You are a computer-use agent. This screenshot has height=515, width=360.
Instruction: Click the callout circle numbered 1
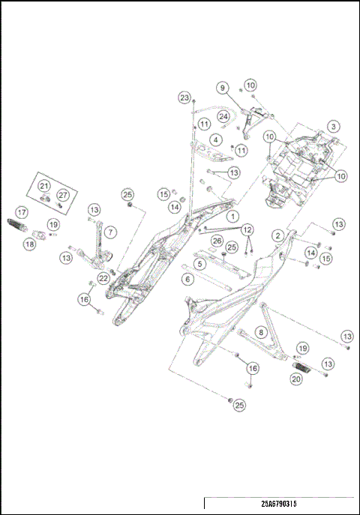233,215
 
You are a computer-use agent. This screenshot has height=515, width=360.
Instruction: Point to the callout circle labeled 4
215,139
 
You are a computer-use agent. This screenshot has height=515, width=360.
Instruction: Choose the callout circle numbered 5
199,264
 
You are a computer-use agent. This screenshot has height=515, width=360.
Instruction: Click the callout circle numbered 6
187,278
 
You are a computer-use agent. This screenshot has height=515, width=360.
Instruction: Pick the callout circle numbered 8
261,331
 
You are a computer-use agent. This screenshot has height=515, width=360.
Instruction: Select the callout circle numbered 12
247,229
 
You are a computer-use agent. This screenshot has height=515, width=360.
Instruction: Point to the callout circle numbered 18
30,244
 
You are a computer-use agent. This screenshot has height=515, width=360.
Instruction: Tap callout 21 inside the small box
44,186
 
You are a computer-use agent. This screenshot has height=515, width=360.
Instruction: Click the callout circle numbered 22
103,278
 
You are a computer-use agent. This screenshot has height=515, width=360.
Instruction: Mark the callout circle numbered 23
184,97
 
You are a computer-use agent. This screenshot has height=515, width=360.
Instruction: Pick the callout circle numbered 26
217,241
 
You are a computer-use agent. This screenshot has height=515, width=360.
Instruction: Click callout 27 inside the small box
63,195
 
